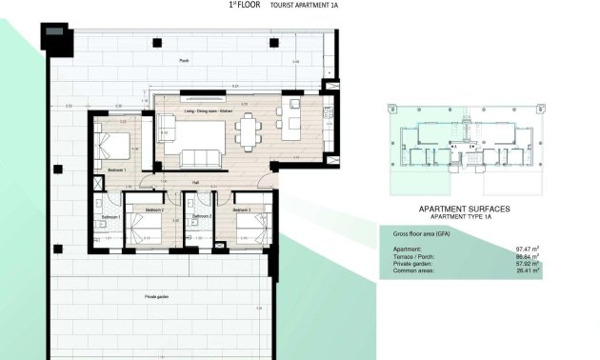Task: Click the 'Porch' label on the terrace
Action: coord(184,60)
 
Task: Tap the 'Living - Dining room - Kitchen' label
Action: coord(209,111)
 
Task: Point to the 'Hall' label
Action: coord(194,181)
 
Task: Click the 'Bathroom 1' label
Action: coord(110,217)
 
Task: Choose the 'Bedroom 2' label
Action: coord(155,210)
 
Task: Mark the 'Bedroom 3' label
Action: coord(241,210)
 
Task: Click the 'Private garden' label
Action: coord(157,297)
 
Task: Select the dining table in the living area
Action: coord(249,130)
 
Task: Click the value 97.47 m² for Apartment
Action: coord(527,248)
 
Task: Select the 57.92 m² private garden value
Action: coord(527,263)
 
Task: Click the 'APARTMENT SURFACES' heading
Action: coord(465,208)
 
